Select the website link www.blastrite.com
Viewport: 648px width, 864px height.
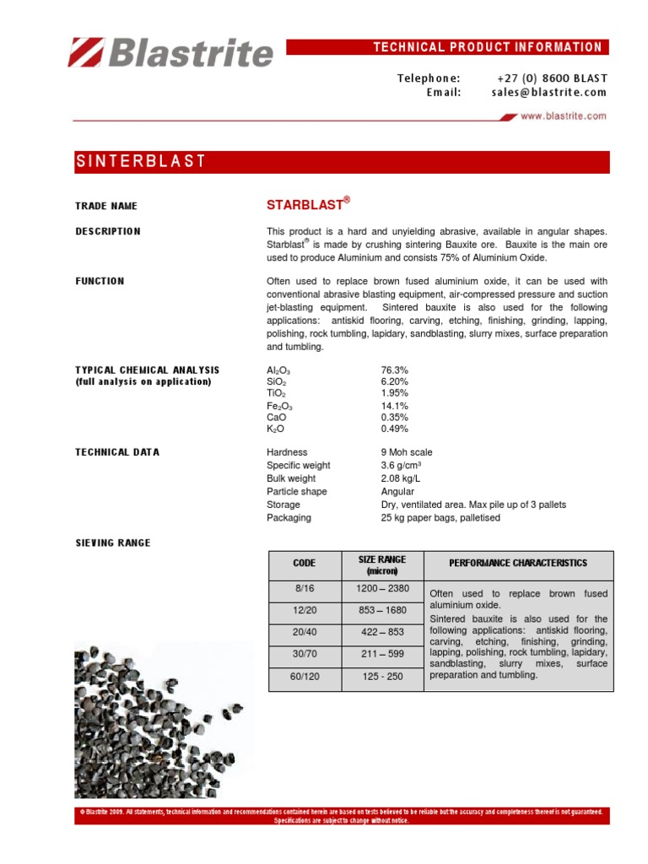click(x=563, y=117)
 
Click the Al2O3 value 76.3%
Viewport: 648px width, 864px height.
click(x=396, y=370)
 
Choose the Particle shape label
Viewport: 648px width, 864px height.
click(x=297, y=492)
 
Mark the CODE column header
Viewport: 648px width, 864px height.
click(x=304, y=564)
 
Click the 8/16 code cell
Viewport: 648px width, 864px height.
click(x=304, y=589)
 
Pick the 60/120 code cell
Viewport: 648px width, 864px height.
click(x=304, y=677)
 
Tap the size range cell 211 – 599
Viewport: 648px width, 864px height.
click(x=381, y=655)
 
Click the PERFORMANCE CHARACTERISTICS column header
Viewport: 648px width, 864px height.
click(x=518, y=564)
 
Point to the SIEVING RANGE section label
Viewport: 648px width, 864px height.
click(x=113, y=543)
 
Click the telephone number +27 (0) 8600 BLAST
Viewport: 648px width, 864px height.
click(x=553, y=78)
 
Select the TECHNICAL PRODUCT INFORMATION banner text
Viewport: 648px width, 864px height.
click(x=488, y=47)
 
